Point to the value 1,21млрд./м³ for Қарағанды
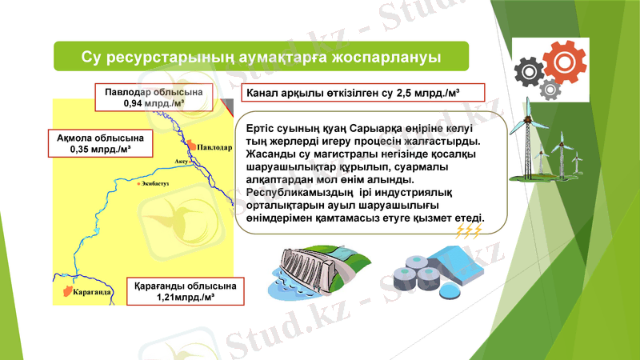coord(186,298)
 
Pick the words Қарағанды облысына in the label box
coord(186,286)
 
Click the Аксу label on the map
coord(181,161)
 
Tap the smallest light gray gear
coord(550,88)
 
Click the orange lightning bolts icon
coord(468,232)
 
